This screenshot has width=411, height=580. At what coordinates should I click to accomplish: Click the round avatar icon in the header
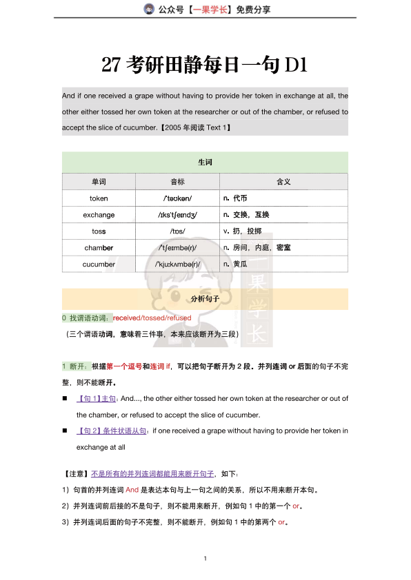tap(148, 9)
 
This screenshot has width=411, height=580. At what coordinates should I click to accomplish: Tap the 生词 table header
tap(205, 163)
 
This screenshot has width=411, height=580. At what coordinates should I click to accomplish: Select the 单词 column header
tap(99, 181)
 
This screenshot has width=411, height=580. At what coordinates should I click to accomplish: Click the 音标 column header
tap(177, 181)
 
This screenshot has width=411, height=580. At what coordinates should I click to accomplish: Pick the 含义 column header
tap(283, 181)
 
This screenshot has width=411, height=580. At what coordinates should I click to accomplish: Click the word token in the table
tap(99, 198)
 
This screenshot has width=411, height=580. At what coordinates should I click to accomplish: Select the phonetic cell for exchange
tap(177, 214)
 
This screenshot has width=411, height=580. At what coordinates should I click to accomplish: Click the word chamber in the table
tap(99, 247)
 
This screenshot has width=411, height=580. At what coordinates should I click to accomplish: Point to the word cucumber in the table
tap(99, 264)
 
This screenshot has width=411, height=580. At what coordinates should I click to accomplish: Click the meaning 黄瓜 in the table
tap(239, 264)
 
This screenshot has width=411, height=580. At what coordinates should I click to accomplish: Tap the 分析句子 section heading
tap(205, 299)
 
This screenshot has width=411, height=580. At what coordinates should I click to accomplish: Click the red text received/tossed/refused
tap(152, 318)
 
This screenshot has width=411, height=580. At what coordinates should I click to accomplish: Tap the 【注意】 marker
tap(75, 474)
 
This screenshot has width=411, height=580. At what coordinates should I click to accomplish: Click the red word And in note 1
tap(132, 490)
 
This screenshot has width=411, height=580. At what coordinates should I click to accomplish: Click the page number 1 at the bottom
tap(205, 557)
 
